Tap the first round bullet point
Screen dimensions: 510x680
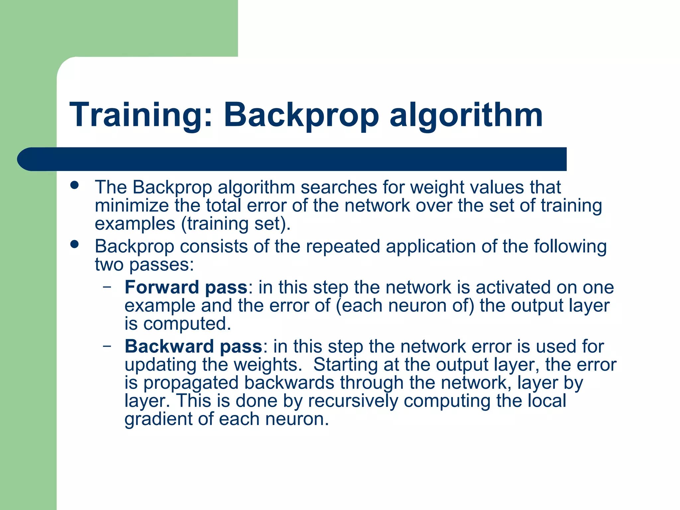pyautogui.click(x=75, y=185)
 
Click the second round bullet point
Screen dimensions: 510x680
pyautogui.click(x=75, y=244)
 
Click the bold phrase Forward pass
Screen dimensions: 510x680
pyautogui.click(x=186, y=287)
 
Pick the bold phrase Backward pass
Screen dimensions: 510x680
pyautogui.click(x=194, y=346)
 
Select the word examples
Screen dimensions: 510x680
pyautogui.click(x=135, y=224)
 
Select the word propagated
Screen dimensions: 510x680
pyautogui.click(x=191, y=383)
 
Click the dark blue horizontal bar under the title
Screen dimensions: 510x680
pyautogui.click(x=292, y=159)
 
